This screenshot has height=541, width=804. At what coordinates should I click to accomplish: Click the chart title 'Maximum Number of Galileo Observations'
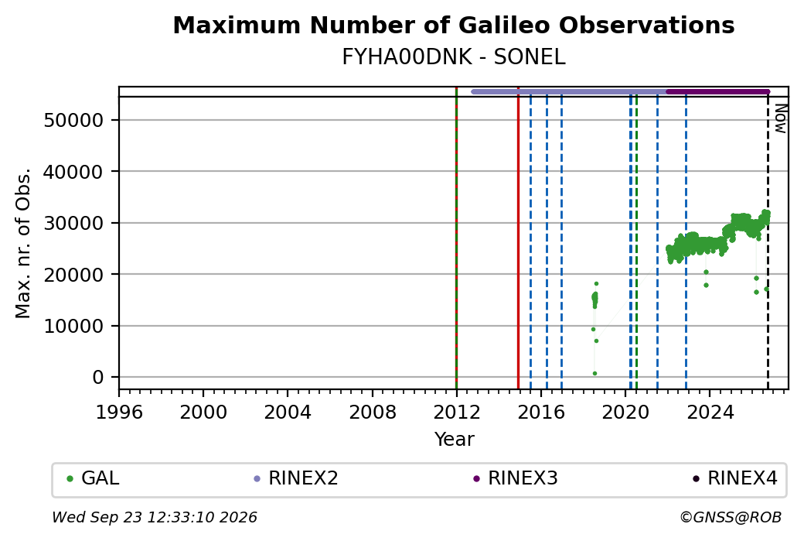[453, 25]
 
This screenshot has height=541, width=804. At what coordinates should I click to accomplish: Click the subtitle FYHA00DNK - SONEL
[453, 57]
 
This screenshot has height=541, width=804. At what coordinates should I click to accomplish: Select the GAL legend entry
[94, 478]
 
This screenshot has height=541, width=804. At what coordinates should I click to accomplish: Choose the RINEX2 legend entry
[296, 478]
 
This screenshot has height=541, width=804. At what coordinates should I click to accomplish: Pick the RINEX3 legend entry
[516, 478]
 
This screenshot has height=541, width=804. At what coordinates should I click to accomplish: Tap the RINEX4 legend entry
[735, 478]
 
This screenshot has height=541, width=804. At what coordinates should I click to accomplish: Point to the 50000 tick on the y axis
[74, 121]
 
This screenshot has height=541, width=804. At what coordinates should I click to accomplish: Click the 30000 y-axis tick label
[74, 223]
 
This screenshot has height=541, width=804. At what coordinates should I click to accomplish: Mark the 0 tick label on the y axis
[98, 377]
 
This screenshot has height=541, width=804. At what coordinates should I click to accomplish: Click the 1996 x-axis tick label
[119, 413]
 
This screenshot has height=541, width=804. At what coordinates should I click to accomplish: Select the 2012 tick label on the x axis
[456, 413]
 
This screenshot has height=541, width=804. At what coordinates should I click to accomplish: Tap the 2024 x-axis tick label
[710, 413]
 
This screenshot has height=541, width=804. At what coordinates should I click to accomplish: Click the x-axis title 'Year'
[455, 440]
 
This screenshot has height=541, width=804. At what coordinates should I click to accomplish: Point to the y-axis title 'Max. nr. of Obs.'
[23, 243]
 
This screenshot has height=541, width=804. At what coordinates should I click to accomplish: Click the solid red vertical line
[519, 238]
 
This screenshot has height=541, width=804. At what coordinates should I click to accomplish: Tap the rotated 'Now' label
[780, 118]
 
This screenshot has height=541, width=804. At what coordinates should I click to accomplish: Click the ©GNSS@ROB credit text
[731, 517]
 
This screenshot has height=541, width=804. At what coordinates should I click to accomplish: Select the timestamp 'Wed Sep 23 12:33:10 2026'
[155, 517]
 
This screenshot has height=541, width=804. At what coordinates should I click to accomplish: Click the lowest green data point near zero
[594, 374]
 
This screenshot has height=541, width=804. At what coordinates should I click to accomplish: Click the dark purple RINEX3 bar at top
[718, 92]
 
